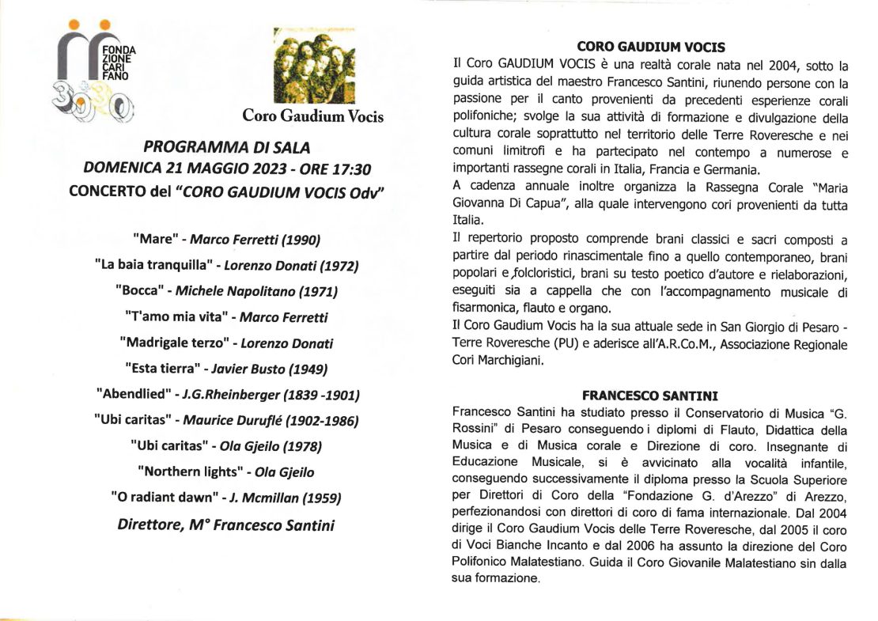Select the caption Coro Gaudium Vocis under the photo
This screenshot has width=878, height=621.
click(312, 116)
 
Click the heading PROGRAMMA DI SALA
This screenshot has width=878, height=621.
click(227, 147)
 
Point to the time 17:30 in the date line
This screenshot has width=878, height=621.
click(354, 169)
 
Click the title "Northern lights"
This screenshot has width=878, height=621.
click(188, 471)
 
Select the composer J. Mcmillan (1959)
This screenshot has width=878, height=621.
click(286, 498)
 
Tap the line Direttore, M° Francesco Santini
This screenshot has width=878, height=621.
click(226, 524)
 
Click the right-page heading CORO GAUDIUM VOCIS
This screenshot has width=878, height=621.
click(651, 47)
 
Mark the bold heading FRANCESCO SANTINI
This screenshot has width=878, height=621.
click(650, 395)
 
